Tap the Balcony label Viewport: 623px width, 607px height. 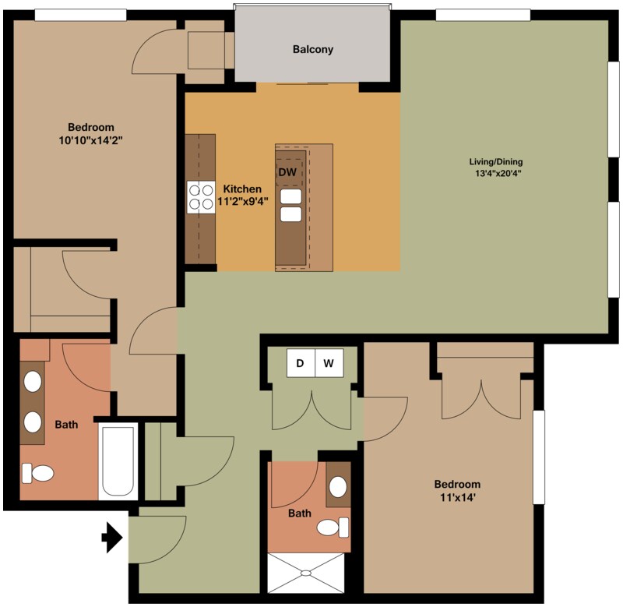pyautogui.click(x=313, y=50)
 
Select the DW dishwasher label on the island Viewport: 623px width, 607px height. pyautogui.click(x=287, y=171)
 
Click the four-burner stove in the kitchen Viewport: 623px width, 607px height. pyautogui.click(x=201, y=196)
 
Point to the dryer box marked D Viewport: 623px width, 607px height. pyautogui.click(x=301, y=363)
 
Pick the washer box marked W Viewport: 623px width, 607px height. pyautogui.click(x=329, y=363)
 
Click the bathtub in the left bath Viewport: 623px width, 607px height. pyautogui.click(x=118, y=461)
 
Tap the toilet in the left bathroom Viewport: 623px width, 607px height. pyautogui.click(x=38, y=473)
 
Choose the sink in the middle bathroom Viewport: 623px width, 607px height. pyautogui.click(x=338, y=488)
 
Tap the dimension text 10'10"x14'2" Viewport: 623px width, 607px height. pyautogui.click(x=91, y=141)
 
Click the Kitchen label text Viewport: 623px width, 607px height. pyautogui.click(x=242, y=189)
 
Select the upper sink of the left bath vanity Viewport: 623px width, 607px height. pyautogui.click(x=33, y=382)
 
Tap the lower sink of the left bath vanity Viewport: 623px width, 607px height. pyautogui.click(x=33, y=422)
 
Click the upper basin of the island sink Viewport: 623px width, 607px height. pyautogui.click(x=290, y=196)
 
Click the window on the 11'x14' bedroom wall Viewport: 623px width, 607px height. pyautogui.click(x=538, y=457)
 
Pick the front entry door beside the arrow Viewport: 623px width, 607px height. pyautogui.click(x=156, y=538)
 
